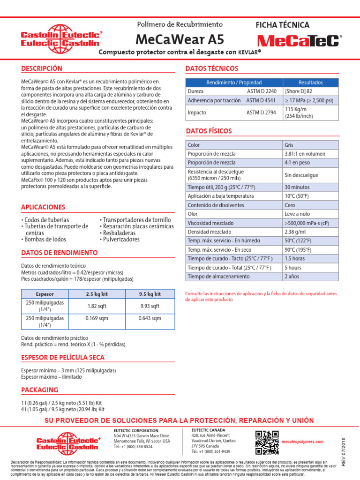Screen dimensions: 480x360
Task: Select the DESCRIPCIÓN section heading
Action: pos(42,68)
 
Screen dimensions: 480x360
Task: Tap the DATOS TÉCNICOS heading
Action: pos(209,68)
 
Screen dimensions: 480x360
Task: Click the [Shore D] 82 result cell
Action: pos(299,91)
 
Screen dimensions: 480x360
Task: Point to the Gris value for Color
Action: pos(290,145)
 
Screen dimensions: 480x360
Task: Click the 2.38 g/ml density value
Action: pos(295,232)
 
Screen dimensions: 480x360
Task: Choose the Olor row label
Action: pos(193,214)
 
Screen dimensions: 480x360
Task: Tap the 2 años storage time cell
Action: pos(292,277)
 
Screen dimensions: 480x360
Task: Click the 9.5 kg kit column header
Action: pos(150,294)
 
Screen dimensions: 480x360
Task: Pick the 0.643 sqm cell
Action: pos(150,318)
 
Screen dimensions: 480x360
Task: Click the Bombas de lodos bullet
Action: pos(45,240)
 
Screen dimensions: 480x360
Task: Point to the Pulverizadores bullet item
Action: pos(121,240)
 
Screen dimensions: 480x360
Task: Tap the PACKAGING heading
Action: pos(40,390)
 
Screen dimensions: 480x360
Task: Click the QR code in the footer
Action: pos(267,442)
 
